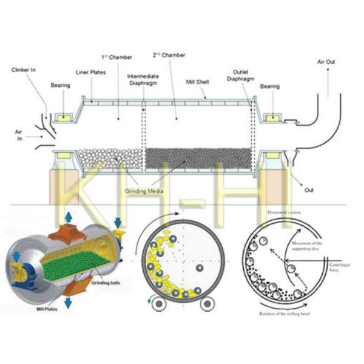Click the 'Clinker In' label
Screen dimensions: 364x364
(x=24, y=70)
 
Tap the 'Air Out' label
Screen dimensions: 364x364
(x=326, y=62)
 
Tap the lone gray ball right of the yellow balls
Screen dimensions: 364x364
(x=199, y=268)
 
